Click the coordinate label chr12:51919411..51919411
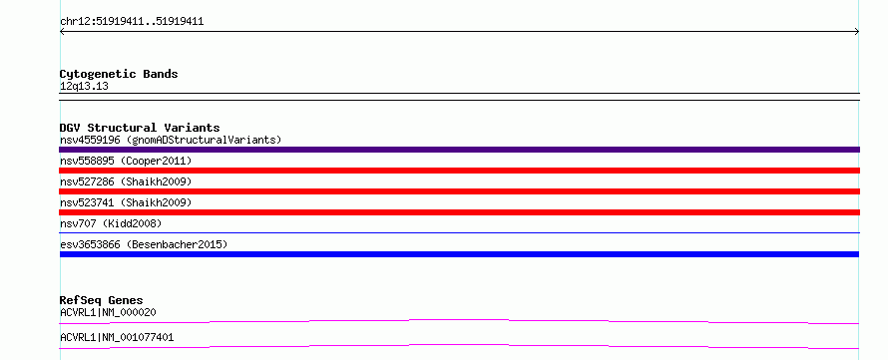(x=132, y=22)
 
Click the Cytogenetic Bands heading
(x=119, y=74)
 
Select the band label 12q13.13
(x=84, y=87)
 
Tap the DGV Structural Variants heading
(x=140, y=128)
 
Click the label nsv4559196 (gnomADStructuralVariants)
(x=171, y=140)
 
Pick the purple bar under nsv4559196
(x=459, y=150)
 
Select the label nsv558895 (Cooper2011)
(x=126, y=162)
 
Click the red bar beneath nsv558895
(x=459, y=171)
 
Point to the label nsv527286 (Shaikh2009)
(x=126, y=182)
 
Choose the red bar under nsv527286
(x=459, y=191)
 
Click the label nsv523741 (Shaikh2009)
(x=126, y=202)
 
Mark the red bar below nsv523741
(x=459, y=212)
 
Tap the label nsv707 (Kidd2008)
(x=111, y=223)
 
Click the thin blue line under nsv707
(x=459, y=232)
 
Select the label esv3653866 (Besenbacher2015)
(x=144, y=244)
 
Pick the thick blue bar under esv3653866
(x=459, y=254)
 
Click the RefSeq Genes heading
(x=102, y=300)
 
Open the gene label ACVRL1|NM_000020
(x=108, y=312)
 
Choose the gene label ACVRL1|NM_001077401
(x=117, y=338)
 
